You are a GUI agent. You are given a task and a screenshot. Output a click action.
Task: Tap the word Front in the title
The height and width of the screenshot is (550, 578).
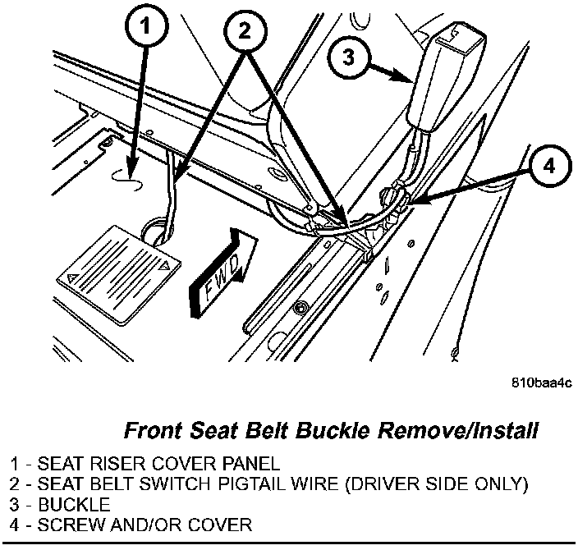[154, 429]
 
